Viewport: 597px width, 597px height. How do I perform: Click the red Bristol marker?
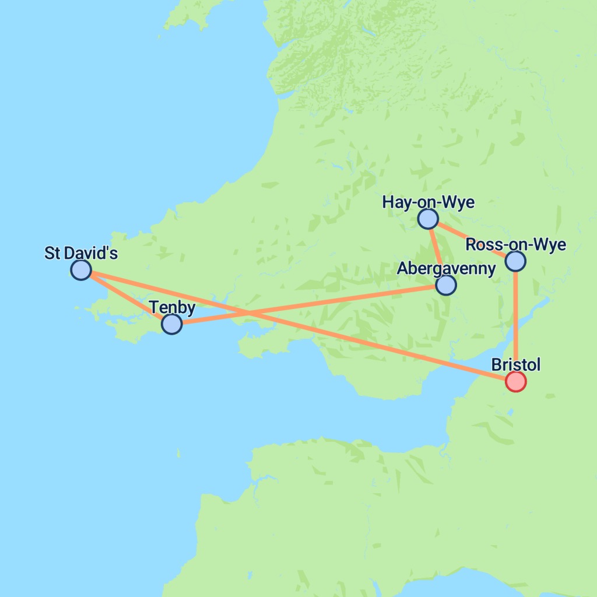point(515,381)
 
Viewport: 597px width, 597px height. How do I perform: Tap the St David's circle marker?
point(81,270)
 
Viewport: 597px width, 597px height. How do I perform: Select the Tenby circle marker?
point(171,324)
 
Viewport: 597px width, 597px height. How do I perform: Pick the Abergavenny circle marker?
point(445,285)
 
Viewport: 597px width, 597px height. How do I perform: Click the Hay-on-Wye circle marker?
point(428,219)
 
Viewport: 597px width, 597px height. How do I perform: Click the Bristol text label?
point(516,365)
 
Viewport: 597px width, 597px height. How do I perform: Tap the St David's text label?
point(81,254)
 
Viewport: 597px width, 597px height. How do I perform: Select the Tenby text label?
point(172,307)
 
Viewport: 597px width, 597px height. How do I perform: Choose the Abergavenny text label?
point(446,269)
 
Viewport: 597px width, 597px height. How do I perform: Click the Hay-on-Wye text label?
point(428,202)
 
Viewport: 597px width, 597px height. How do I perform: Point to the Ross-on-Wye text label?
point(516,245)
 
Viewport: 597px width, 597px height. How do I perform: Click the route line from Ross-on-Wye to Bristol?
point(515,321)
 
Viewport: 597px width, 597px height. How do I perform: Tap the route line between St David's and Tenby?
point(126,297)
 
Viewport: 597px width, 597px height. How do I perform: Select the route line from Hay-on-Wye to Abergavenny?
point(437,252)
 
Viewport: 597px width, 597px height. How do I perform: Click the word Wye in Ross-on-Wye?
point(552,245)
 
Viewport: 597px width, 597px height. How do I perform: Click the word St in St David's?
point(52,254)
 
